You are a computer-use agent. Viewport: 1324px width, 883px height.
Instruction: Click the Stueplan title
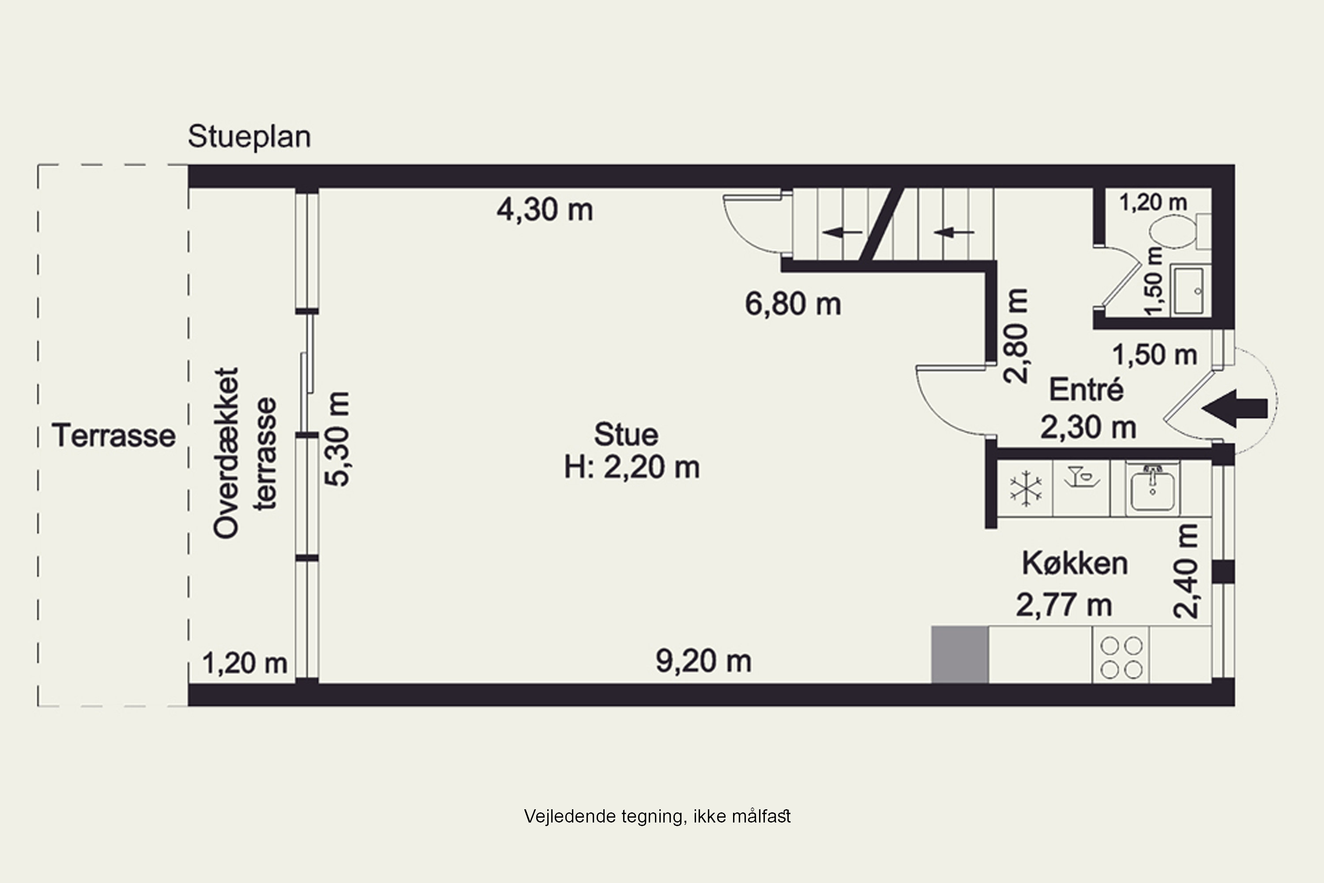[249, 137]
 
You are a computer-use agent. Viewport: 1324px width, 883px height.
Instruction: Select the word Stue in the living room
[626, 435]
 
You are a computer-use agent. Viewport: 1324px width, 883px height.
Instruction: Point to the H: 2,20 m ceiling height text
[632, 468]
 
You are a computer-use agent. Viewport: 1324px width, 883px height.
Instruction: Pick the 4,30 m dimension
[544, 210]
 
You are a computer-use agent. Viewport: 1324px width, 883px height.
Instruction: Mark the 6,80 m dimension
[793, 304]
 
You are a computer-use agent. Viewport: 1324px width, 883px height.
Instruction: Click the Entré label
[1086, 390]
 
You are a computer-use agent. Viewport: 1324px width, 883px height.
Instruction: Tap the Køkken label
[1075, 563]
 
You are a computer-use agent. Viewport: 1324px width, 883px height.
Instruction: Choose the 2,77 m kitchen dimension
[1063, 605]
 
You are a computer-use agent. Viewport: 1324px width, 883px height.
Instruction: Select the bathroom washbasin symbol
[1188, 291]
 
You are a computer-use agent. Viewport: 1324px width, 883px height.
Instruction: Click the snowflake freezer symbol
[1026, 489]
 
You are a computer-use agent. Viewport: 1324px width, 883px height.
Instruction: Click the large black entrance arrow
[1236, 408]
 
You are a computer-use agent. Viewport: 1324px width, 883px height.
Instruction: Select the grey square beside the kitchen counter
[960, 654]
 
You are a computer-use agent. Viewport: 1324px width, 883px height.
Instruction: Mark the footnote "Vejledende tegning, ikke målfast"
[657, 816]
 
